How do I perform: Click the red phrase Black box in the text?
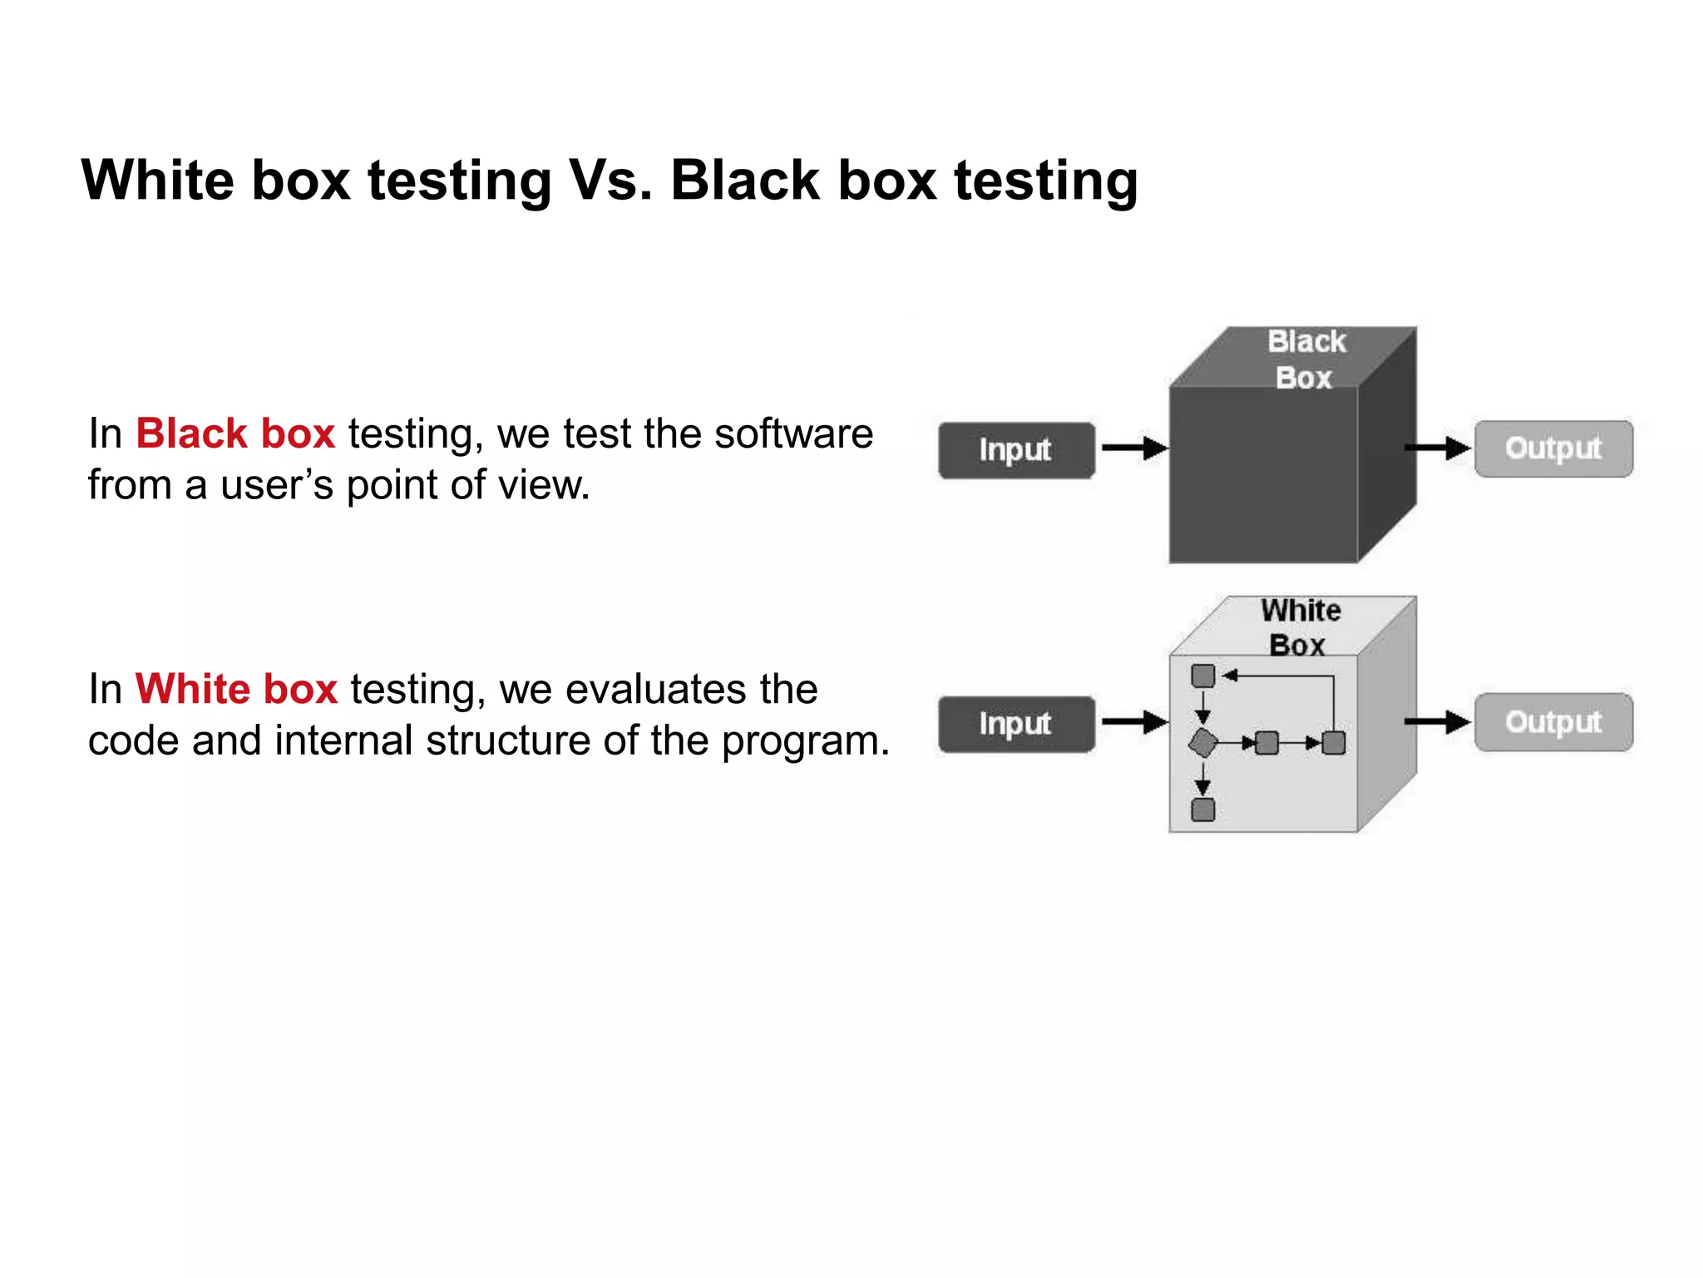[235, 433]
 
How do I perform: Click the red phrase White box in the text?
[236, 689]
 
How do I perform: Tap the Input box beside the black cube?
[1016, 450]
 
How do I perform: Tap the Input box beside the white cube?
[1016, 724]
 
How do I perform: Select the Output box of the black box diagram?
[1553, 448]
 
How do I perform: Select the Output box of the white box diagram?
[1553, 722]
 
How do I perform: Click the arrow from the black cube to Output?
[1437, 448]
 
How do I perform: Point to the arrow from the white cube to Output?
[1437, 721]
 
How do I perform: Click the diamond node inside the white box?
[1202, 742]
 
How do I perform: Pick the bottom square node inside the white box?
[1202, 810]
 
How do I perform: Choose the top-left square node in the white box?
[1202, 676]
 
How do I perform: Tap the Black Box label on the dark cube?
[1306, 359]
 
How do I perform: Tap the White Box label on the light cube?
[1300, 627]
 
